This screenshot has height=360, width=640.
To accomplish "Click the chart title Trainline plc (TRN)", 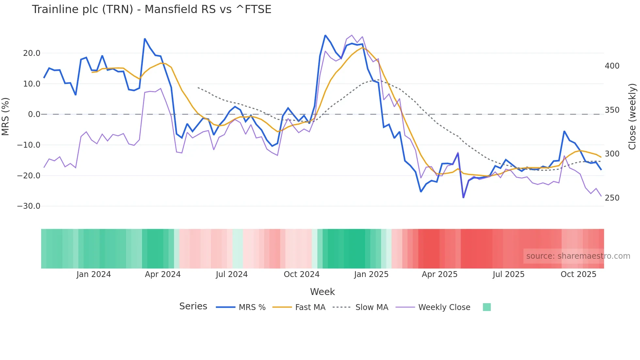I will (x=152, y=9).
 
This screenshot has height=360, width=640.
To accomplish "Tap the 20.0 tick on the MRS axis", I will (x=32, y=53).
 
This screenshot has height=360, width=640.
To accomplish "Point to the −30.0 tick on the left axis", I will (x=29, y=206).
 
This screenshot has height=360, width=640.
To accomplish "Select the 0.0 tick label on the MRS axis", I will (x=34, y=114).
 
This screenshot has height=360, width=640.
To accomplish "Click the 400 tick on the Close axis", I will (x=612, y=66).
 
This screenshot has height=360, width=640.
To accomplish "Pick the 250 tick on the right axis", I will (x=612, y=198).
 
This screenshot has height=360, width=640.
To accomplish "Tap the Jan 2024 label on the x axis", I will (x=94, y=274).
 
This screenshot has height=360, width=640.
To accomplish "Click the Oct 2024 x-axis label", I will (x=301, y=274).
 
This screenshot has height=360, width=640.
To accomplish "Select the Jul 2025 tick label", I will (x=508, y=274).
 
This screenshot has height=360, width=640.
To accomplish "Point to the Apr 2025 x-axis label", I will (x=440, y=274).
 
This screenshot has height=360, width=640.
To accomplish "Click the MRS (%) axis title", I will (x=6, y=116).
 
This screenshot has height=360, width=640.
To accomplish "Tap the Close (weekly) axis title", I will (x=632, y=116).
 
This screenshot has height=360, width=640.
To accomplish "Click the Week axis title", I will (x=322, y=292).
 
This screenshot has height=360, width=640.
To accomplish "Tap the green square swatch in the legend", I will (x=487, y=307).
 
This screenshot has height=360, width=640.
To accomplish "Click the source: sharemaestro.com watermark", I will (x=578, y=256).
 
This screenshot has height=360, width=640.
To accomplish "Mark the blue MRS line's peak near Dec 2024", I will (x=325, y=35).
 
